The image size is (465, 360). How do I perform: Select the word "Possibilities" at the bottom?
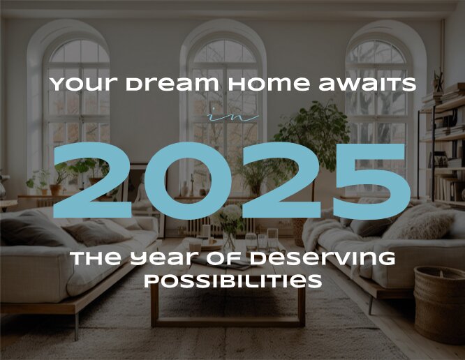(x=232, y=280)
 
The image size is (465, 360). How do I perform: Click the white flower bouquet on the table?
(x=228, y=219)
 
